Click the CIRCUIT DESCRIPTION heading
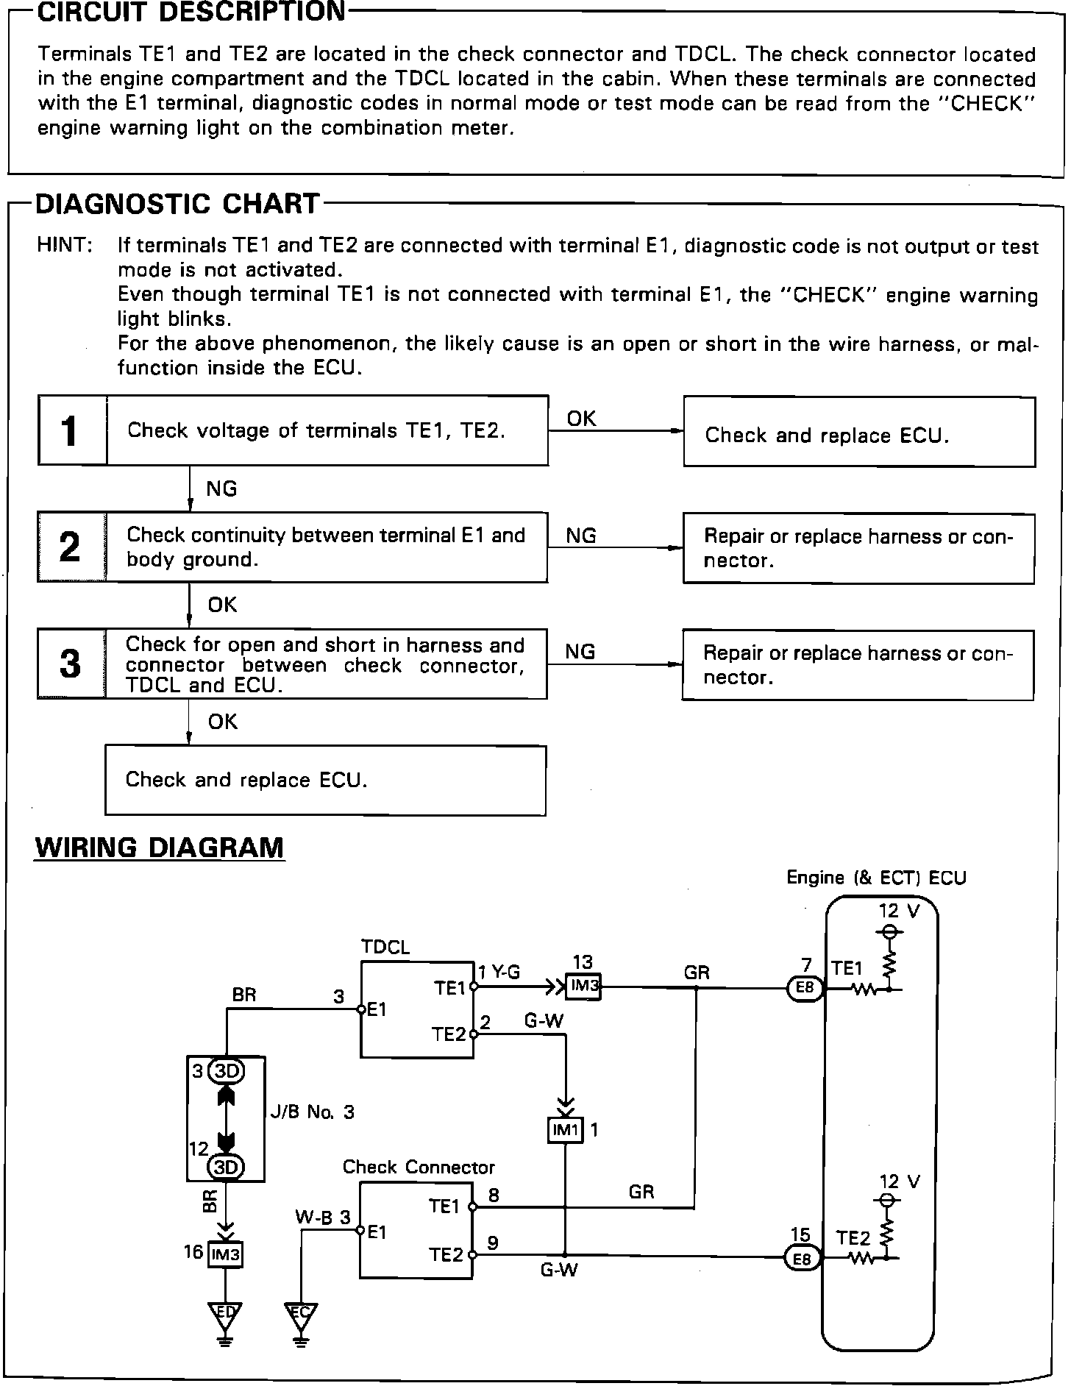(x=191, y=13)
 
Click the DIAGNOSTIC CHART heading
(x=177, y=203)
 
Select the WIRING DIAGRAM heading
(x=160, y=847)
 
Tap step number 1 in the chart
(x=71, y=431)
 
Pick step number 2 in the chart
(x=71, y=547)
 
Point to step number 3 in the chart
(x=71, y=664)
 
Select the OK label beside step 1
(x=581, y=418)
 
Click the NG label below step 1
(x=221, y=488)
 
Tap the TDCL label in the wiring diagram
(x=385, y=947)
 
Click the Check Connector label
(x=419, y=1168)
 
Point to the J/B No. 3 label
(x=312, y=1112)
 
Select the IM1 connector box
(x=565, y=1130)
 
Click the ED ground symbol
(x=226, y=1313)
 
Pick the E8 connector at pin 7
(x=805, y=987)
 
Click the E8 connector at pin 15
(x=801, y=1259)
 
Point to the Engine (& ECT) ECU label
(x=876, y=877)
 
